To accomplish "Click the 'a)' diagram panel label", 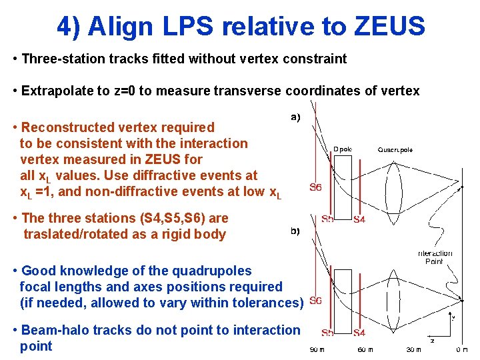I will pyautogui.click(x=295, y=117).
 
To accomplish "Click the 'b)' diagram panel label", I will pyautogui.click(x=295, y=231).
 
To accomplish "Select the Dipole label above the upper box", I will pyautogui.click(x=343, y=149).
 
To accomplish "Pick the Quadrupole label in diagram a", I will pyautogui.click(x=395, y=149).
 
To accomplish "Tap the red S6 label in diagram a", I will pyautogui.click(x=315, y=187).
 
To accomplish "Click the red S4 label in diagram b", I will pyautogui.click(x=359, y=333).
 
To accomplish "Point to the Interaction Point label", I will pyautogui.click(x=435, y=257).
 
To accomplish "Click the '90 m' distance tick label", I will pyautogui.click(x=317, y=349).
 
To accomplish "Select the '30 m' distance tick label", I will pyautogui.click(x=415, y=349).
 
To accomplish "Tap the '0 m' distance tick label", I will pyautogui.click(x=461, y=349).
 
